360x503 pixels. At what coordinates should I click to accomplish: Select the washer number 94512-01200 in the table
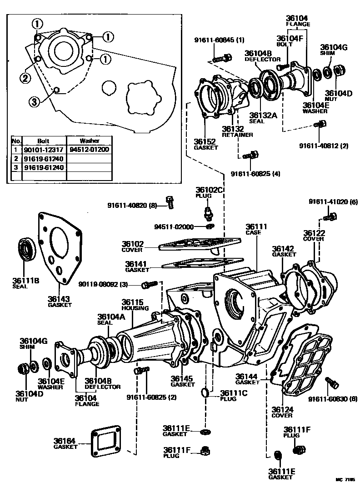click(89, 149)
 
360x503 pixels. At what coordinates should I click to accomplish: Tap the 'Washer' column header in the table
click(89, 141)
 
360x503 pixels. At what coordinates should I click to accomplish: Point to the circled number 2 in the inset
click(25, 78)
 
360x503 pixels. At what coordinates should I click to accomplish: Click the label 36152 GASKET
click(205, 144)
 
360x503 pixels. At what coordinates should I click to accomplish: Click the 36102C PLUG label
click(209, 192)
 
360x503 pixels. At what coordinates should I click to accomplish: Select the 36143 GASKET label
click(60, 302)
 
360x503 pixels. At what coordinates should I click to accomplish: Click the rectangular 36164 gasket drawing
click(105, 440)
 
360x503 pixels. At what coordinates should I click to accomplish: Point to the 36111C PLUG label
click(234, 396)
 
